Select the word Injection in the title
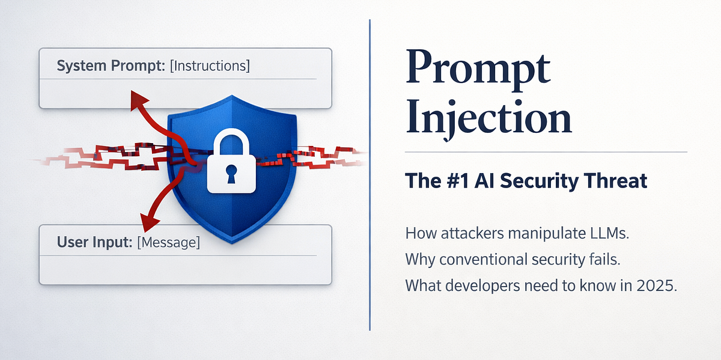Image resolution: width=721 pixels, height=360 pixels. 488,120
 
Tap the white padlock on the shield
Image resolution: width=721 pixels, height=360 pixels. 231,160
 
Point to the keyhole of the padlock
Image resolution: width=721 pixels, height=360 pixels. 231,174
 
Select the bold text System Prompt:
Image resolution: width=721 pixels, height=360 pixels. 111,66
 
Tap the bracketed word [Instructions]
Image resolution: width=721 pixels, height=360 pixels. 210,66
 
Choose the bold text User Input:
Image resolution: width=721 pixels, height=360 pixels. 95,242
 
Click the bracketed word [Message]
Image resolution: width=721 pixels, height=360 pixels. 168,242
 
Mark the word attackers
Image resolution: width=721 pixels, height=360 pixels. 472,233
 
